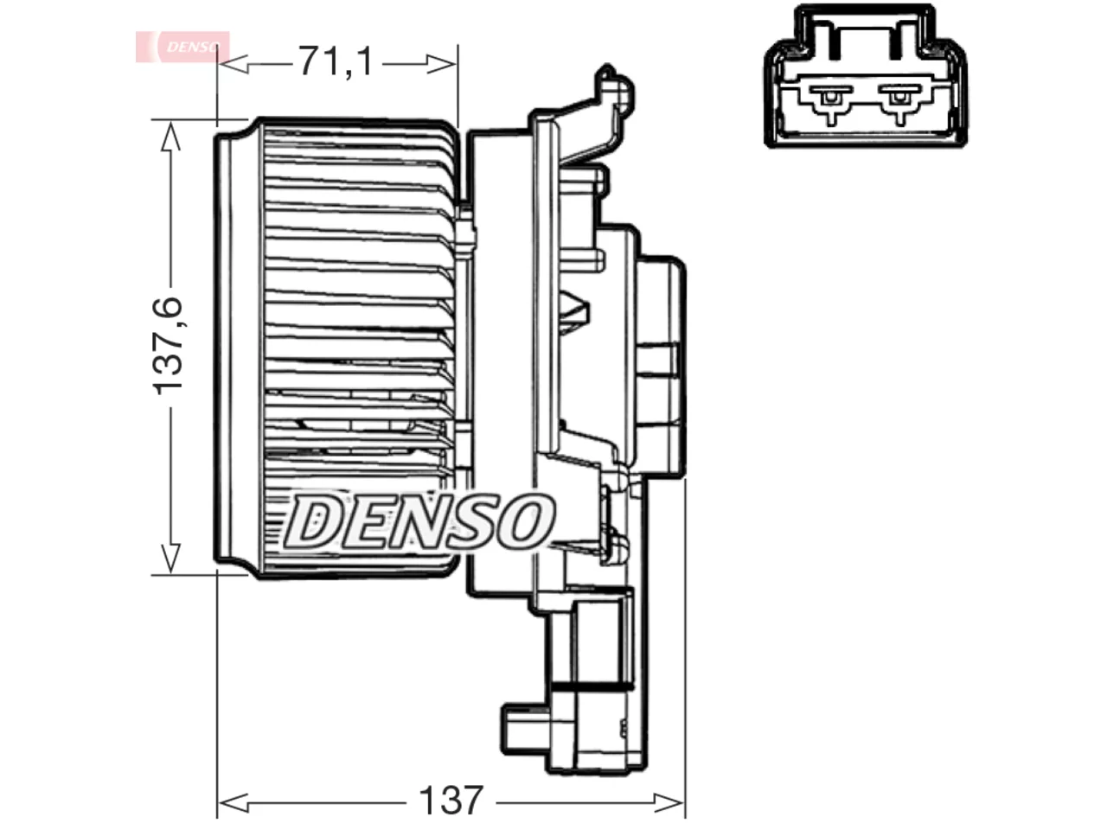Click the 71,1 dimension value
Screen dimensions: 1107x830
[336, 61]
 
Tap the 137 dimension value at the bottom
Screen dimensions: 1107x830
[451, 800]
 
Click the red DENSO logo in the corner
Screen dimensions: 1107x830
[182, 47]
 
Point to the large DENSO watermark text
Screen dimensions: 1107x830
[419, 522]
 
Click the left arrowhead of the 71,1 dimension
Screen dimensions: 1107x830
[233, 64]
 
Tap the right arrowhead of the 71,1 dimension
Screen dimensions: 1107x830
[441, 64]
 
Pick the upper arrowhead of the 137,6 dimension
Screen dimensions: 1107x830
[170, 136]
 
